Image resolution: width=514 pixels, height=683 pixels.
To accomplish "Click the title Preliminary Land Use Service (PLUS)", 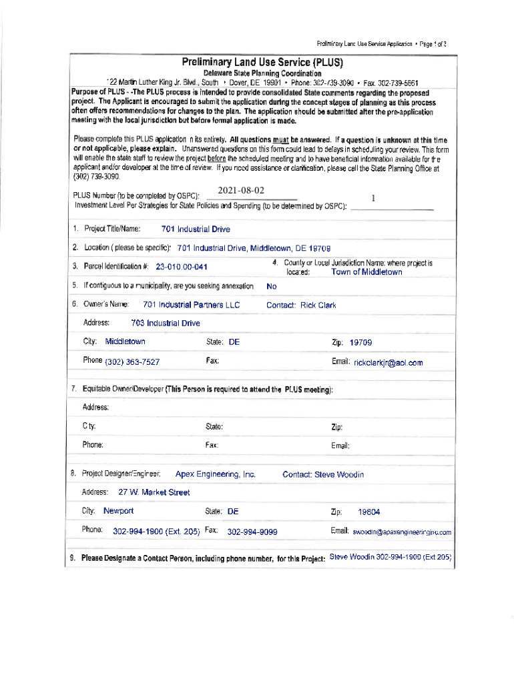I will point(262,63).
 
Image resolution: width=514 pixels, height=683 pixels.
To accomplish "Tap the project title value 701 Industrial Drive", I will point(196,229).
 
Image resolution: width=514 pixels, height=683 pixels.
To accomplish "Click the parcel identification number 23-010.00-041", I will point(182,267).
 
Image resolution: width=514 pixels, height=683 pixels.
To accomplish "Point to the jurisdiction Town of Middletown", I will point(366,272).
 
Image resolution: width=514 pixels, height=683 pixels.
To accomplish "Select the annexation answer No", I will point(271,286).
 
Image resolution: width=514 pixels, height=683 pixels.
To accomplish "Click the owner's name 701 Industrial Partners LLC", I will point(191,305).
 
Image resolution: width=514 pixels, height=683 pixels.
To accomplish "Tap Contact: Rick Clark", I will point(301,305).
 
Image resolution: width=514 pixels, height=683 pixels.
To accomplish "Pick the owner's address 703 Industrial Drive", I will point(166,323).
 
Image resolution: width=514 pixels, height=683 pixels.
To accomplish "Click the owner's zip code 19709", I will point(360,343).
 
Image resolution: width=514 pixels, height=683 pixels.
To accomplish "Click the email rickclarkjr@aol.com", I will point(388,363).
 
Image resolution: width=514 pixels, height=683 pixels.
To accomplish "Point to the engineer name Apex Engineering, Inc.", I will point(216,474).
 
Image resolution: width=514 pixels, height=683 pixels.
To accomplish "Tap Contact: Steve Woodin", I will point(323,475).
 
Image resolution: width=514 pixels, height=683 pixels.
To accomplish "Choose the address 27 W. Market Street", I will point(154,492).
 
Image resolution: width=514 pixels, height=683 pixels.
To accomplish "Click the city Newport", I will point(119,512).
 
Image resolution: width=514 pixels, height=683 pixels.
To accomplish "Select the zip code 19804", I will point(369,512).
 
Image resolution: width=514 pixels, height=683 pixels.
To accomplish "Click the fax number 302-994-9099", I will point(252,532).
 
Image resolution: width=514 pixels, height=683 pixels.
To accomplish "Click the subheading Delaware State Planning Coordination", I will point(262,73).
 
